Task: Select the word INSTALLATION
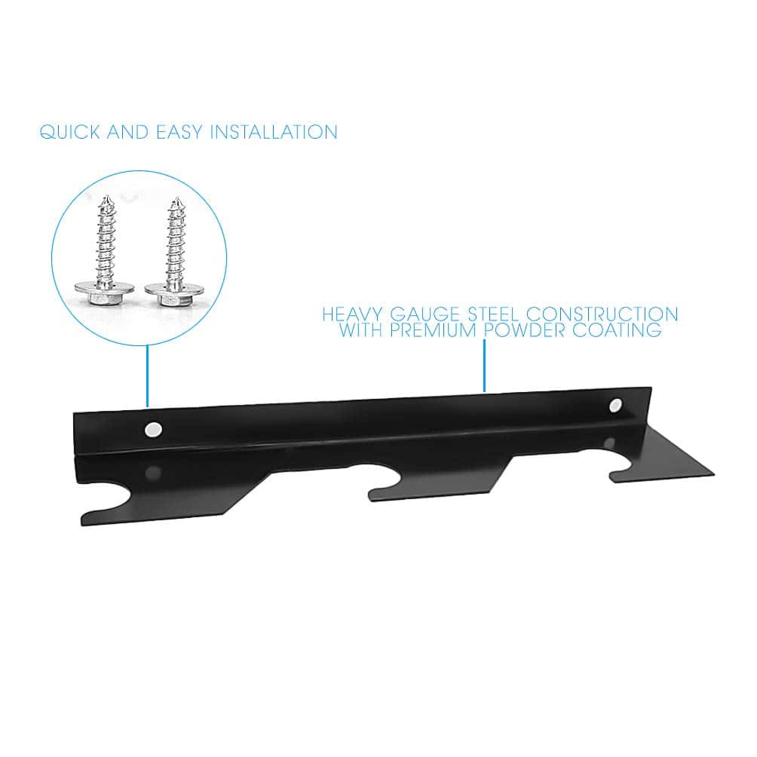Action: [274, 132]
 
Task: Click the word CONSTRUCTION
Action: [602, 314]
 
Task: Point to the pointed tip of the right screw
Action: [177, 199]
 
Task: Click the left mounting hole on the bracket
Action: [154, 429]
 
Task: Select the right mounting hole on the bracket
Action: [615, 405]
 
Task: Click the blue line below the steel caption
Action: [484, 366]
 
